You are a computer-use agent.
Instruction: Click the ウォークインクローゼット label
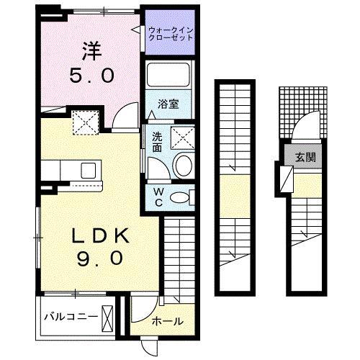pyautogui.click(x=171, y=33)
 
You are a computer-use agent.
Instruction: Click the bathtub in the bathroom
pyautogui.click(x=168, y=76)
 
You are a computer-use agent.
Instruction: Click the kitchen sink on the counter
pyautogui.click(x=89, y=170)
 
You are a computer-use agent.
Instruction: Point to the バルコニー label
pyautogui.click(x=69, y=316)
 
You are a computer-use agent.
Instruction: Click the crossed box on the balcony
pyautogui.click(x=107, y=316)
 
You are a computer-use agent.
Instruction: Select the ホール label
pyautogui.click(x=167, y=321)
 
